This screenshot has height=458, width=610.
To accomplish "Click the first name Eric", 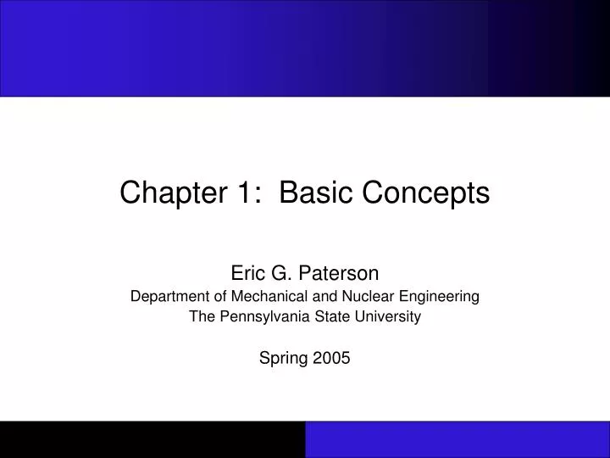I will tap(247, 273).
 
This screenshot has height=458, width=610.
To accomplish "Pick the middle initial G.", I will tap(280, 273).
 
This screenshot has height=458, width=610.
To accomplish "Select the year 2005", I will tap(332, 358).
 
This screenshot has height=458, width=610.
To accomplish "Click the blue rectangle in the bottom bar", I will tap(457, 439).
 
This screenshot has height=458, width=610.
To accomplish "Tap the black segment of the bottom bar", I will tap(152, 439).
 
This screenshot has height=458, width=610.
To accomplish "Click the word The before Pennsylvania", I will tap(202, 316).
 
